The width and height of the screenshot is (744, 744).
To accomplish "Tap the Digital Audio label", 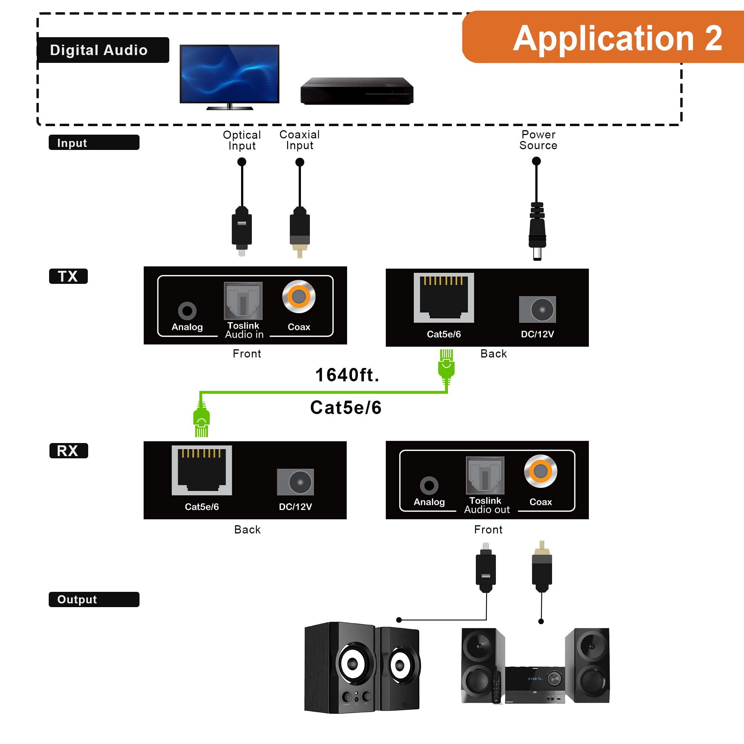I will [x=99, y=50].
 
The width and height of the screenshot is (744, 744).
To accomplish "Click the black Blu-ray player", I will [x=357, y=91].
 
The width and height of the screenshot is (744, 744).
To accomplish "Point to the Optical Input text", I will [x=242, y=140].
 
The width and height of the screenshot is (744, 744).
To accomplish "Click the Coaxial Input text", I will [x=299, y=140].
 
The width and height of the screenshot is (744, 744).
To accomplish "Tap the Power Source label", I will [x=538, y=140].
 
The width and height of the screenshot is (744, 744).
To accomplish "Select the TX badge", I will [x=68, y=276].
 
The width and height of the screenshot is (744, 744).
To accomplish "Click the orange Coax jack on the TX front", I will [x=299, y=296].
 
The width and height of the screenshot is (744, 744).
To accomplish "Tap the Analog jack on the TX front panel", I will [x=187, y=310].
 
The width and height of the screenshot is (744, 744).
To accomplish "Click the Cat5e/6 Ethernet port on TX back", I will [x=444, y=298].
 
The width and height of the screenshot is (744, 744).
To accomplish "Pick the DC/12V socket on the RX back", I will [x=295, y=482].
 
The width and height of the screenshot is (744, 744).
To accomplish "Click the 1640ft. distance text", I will [x=347, y=375].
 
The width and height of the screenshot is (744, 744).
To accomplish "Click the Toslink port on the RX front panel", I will [x=485, y=475].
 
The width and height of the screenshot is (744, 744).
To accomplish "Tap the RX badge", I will [x=68, y=450].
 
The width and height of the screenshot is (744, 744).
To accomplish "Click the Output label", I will [x=94, y=599].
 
